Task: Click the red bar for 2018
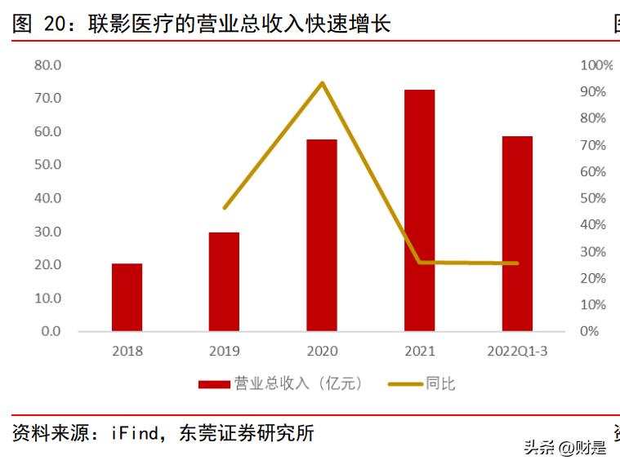(127, 297)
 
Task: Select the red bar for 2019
(224, 281)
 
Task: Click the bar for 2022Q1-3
(517, 233)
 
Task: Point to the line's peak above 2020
(322, 83)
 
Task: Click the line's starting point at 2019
(225, 208)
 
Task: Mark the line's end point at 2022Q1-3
(517, 263)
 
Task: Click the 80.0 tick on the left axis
(48, 64)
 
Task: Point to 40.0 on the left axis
(48, 198)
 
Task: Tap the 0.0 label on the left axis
(51, 331)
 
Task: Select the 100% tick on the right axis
(595, 65)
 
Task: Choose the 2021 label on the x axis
(419, 352)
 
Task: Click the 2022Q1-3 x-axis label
(517, 352)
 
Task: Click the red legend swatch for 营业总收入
(213, 383)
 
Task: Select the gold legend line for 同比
(404, 383)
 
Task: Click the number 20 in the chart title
(55, 24)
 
